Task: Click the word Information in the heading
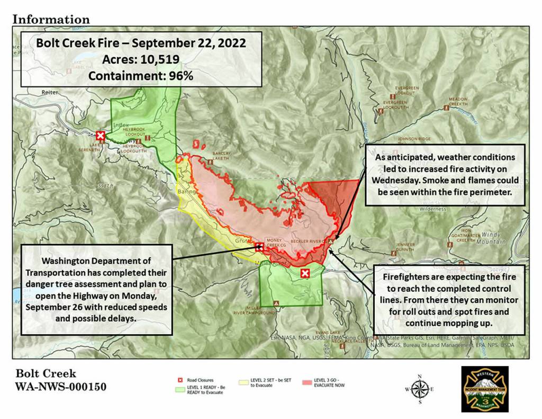(51, 19)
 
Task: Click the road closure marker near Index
(100, 136)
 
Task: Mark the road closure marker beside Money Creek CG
(259, 246)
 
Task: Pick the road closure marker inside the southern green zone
(305, 273)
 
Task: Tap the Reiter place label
(50, 92)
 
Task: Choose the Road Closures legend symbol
(179, 380)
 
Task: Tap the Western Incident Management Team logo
(484, 389)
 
